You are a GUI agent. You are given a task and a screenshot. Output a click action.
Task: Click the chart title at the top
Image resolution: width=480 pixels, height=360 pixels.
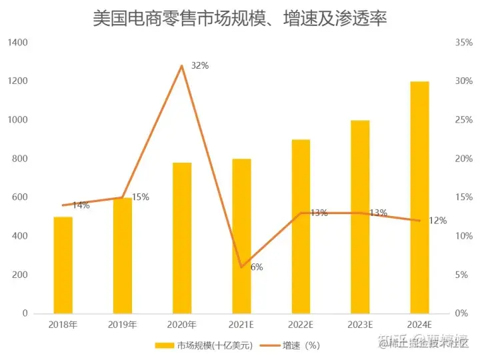[x=240, y=18]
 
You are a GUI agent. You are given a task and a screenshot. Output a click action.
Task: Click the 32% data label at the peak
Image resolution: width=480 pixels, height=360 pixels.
[x=200, y=66]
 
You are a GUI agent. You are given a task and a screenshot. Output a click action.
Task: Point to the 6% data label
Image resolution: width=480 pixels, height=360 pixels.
[x=257, y=267]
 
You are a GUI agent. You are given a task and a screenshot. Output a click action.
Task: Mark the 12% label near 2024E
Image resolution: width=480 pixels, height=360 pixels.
[x=437, y=221]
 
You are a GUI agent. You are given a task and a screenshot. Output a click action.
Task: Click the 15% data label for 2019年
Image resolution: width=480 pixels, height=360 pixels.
[x=140, y=197]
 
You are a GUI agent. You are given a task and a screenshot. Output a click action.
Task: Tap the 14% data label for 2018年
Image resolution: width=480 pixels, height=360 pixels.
[x=81, y=205]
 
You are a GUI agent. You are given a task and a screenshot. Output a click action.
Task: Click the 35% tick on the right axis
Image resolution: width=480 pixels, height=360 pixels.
[x=463, y=42]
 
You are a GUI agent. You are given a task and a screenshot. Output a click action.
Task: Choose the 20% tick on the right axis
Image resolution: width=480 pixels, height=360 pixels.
[x=463, y=159]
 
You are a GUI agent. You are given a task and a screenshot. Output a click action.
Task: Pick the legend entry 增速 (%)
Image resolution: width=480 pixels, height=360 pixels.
[x=301, y=345]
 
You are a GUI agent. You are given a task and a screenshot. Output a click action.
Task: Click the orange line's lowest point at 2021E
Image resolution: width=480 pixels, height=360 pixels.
[x=241, y=267]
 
